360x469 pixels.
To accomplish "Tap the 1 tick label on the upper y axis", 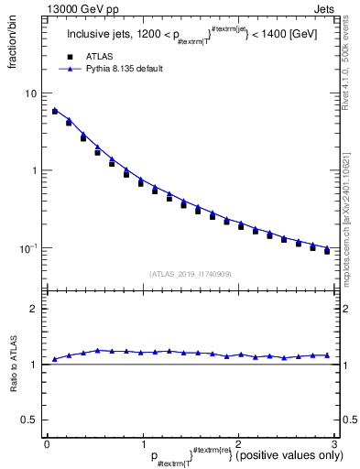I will (34, 171).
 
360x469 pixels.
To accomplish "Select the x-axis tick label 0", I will (47, 444).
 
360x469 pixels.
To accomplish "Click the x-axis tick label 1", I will (142, 444).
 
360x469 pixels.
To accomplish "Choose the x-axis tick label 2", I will (238, 444).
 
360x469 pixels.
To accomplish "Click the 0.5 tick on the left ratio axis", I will (29, 419).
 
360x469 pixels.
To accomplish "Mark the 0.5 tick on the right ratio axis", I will (349, 419).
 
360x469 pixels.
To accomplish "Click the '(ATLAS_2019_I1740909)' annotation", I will (190, 274).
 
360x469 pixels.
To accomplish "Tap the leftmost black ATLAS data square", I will (55, 112).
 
